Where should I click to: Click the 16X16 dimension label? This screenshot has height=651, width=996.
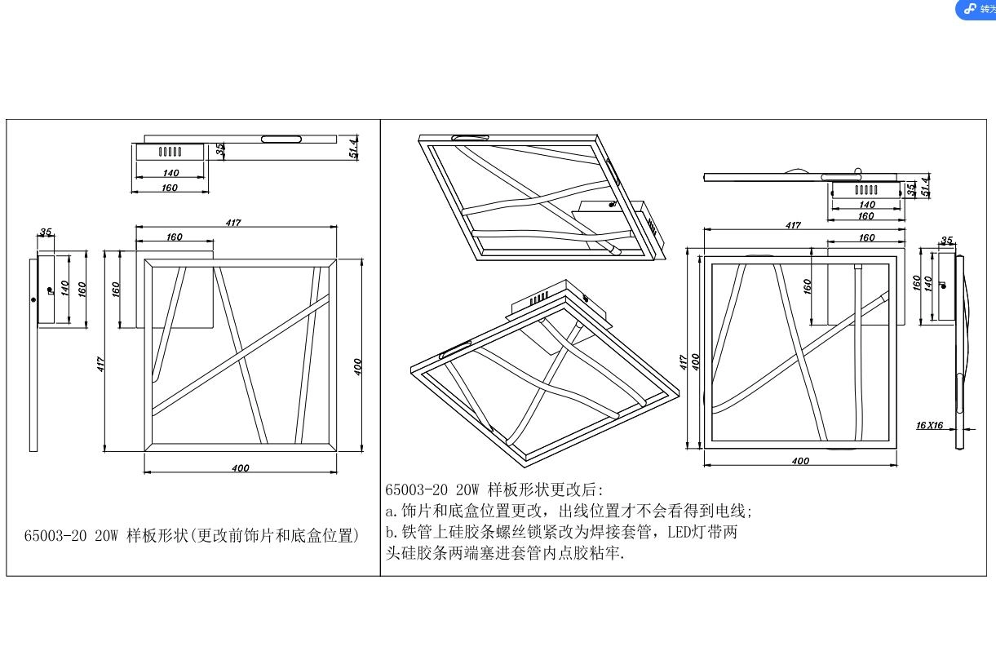point(929,425)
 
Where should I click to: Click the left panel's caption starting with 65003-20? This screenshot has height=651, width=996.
point(192,536)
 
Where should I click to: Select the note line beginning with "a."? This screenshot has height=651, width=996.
point(569,511)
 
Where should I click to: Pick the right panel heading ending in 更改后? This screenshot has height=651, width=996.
point(494,489)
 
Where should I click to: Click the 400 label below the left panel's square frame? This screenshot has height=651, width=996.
point(240,467)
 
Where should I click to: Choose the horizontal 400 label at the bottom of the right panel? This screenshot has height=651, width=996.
point(800,461)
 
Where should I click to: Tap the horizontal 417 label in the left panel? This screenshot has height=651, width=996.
point(233,223)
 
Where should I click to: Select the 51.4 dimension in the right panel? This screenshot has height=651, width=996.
point(924,187)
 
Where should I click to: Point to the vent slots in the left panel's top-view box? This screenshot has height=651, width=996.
point(170,151)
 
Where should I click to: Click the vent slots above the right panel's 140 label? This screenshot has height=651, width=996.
point(866,189)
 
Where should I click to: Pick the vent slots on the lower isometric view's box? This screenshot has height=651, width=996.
point(539,299)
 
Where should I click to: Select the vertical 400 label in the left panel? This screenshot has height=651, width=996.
point(357,365)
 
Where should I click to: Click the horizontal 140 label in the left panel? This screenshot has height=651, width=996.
point(170,173)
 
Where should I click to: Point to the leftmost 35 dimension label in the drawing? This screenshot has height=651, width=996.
point(46,232)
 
